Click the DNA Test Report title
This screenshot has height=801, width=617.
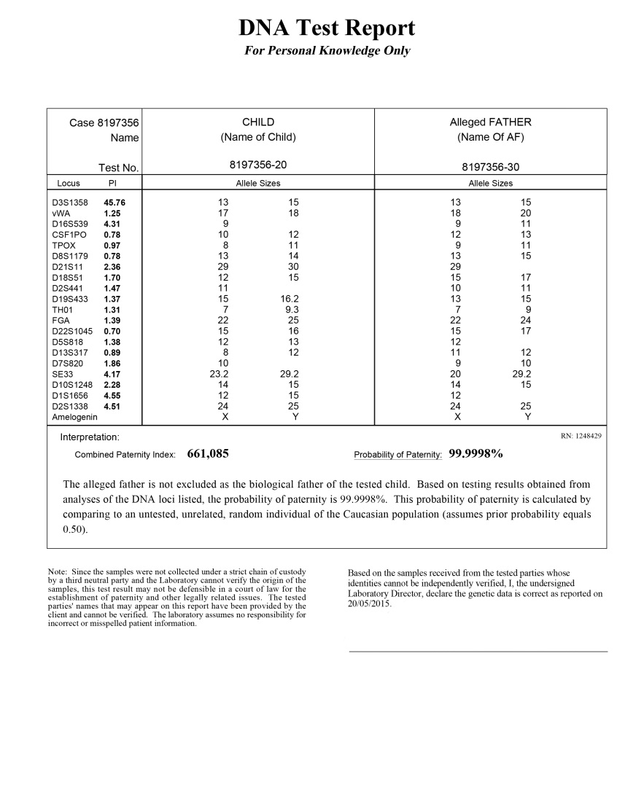(327, 28)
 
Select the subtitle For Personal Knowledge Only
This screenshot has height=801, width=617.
(327, 51)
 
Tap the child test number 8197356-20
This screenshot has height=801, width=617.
(258, 167)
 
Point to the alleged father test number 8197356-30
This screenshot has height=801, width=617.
(490, 167)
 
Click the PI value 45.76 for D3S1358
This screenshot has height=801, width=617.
(114, 203)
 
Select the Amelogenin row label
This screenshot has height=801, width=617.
(74, 417)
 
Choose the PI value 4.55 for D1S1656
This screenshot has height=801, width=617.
(112, 395)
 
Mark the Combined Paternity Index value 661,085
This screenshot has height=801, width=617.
(209, 454)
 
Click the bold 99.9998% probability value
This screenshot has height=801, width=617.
(476, 454)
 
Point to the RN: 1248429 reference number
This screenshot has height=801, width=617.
(581, 436)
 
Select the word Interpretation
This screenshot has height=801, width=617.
(90, 437)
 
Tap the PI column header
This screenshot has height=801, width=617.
(112, 183)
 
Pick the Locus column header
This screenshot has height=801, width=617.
(69, 183)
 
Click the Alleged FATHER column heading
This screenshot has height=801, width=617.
(490, 122)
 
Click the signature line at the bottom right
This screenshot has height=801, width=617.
(478, 651)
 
